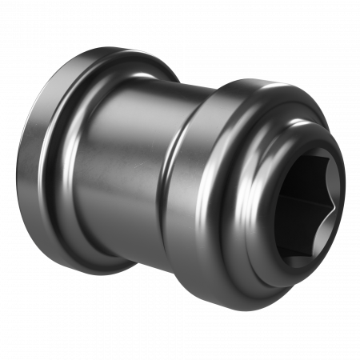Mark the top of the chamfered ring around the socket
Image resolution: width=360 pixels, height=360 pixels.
tap(308, 128)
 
